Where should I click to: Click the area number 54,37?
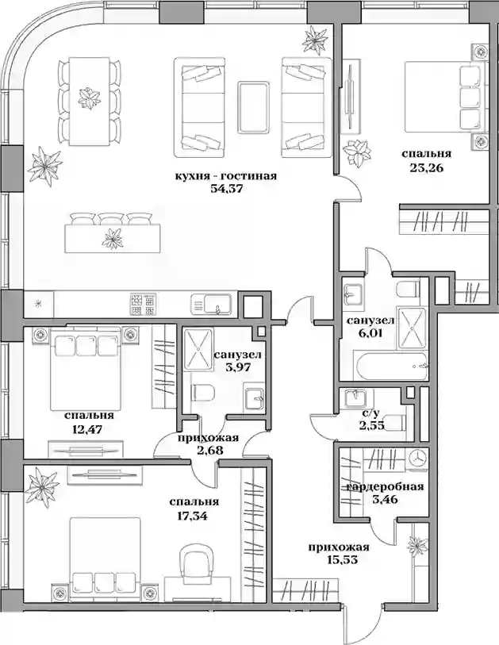(x=225, y=190)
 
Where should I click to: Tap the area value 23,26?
(x=426, y=167)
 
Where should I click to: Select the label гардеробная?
(x=386, y=487)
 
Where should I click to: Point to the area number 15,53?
(x=339, y=559)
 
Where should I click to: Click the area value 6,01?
(x=370, y=332)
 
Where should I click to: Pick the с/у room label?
(x=370, y=416)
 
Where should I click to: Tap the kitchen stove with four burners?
(x=143, y=305)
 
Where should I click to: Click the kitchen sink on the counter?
(x=210, y=305)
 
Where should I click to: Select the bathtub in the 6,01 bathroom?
(x=390, y=366)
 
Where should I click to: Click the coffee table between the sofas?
(x=253, y=107)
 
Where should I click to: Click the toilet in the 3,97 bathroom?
(x=202, y=393)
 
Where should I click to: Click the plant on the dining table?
(x=90, y=98)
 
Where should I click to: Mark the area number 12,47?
(x=87, y=429)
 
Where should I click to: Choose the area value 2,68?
(x=209, y=450)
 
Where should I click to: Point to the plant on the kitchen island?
(x=113, y=239)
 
